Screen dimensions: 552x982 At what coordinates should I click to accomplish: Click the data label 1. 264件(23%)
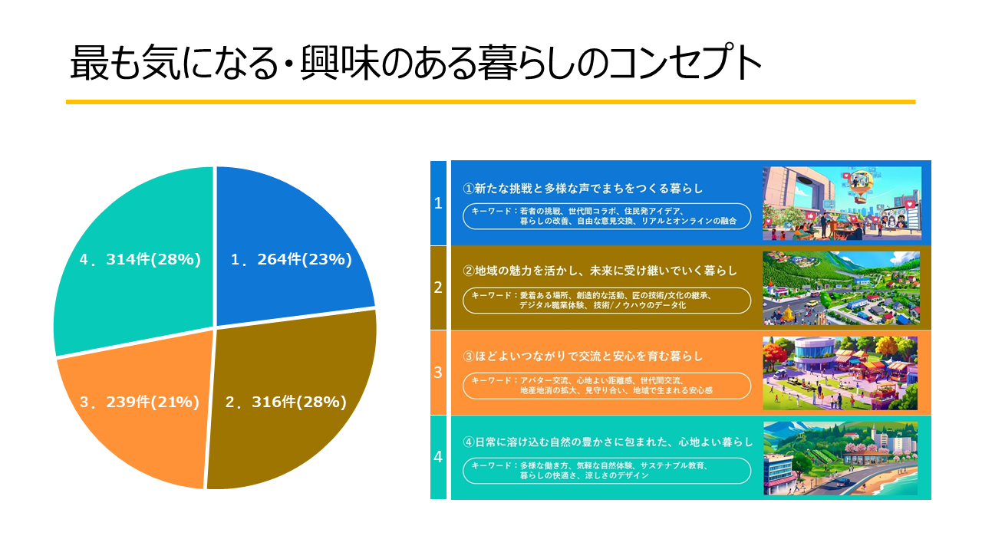pos(291,260)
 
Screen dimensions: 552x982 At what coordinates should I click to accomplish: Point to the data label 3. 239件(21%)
pos(139,402)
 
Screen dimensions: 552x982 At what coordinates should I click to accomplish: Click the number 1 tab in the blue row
pos(438,203)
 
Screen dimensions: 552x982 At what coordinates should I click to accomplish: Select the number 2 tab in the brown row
pos(438,287)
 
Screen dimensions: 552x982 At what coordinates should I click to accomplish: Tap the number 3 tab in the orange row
pos(438,373)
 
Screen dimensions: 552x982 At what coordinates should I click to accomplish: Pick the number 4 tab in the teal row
pos(438,457)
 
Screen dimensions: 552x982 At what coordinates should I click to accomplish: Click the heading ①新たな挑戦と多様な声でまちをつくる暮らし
pos(583,188)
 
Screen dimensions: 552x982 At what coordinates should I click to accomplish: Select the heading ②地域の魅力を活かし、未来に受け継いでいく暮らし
pos(599,271)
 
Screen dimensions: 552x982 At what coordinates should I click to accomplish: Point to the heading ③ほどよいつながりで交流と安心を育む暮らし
pos(583,356)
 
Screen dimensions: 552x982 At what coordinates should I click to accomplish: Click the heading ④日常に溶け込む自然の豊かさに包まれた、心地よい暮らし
pos(608,442)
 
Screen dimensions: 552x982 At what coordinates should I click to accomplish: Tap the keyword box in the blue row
pos(607,215)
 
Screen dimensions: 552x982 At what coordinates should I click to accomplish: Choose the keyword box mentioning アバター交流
pos(607,386)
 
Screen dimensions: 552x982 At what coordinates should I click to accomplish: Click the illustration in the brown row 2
pos(841,287)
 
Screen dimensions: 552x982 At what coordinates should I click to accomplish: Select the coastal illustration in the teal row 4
pos(841,458)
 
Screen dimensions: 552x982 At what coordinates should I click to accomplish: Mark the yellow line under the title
pos(490,101)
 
